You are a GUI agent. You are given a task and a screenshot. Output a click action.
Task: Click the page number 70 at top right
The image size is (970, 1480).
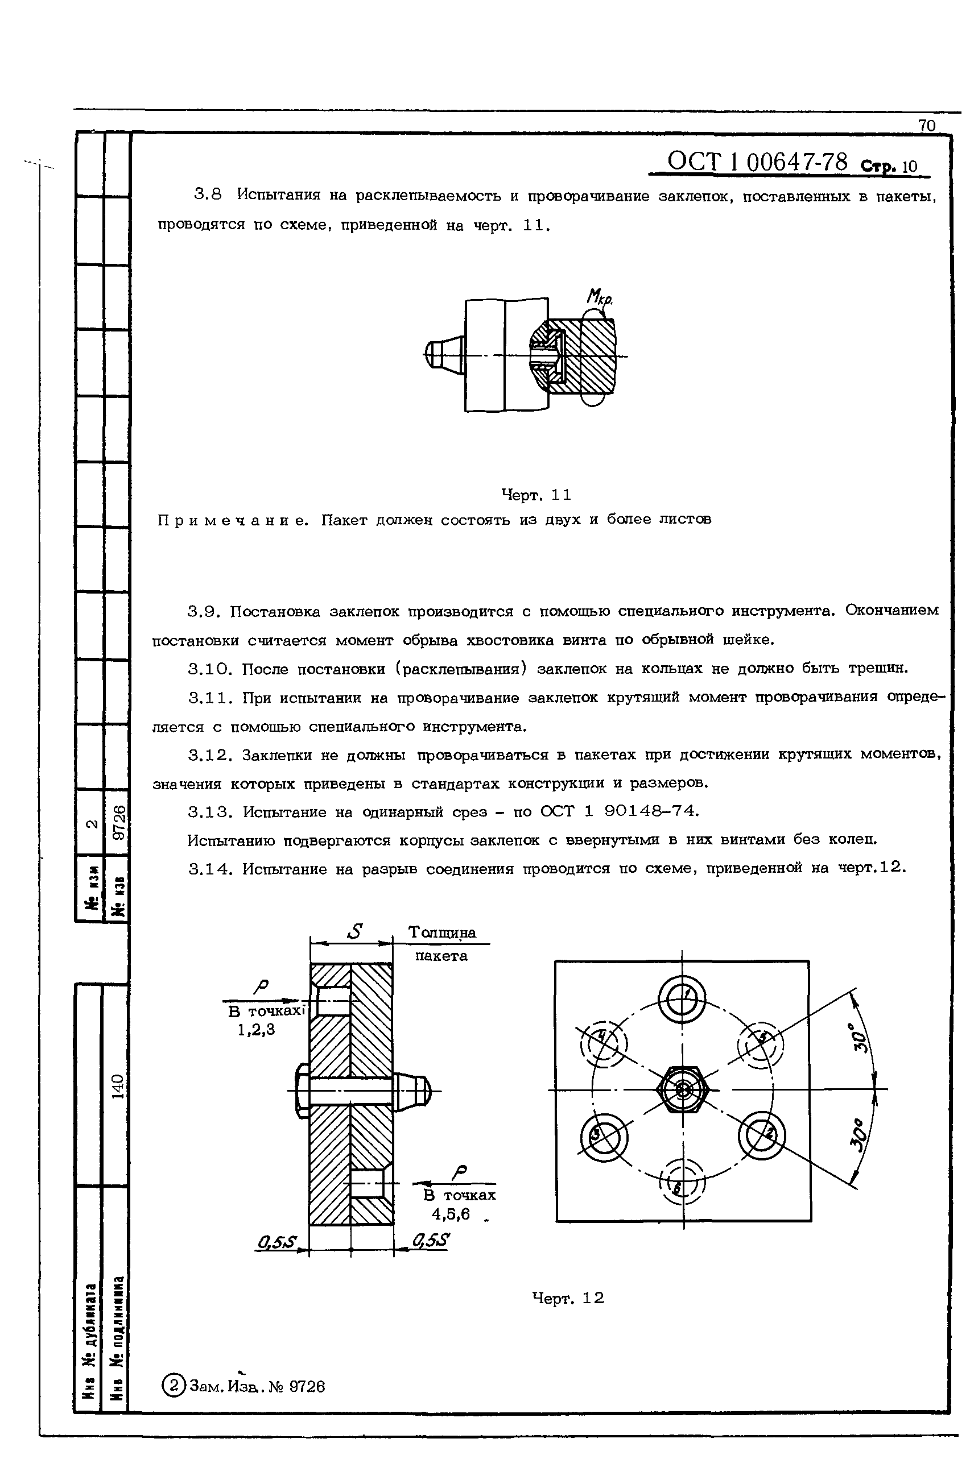coord(926,126)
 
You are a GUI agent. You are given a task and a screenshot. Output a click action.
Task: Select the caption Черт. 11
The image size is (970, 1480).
coord(536,495)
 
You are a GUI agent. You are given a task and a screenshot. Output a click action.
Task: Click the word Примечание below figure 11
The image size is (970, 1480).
coord(233,519)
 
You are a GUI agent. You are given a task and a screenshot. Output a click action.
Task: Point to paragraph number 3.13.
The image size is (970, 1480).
coord(208,812)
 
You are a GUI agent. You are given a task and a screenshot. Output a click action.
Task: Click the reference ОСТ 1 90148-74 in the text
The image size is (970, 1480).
coord(619,811)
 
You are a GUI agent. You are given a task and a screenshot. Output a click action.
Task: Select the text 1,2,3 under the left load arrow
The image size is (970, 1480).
coord(255,1030)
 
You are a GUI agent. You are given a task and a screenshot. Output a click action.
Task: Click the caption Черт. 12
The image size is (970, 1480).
coord(567,1299)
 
